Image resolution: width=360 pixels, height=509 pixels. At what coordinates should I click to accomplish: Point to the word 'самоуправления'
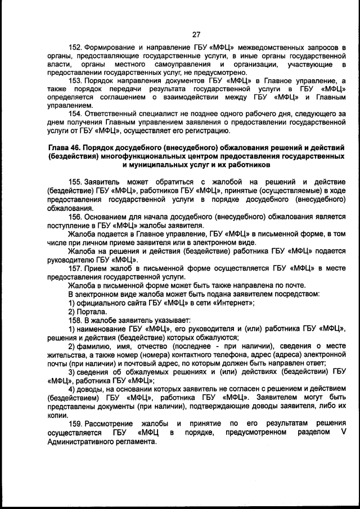156,65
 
